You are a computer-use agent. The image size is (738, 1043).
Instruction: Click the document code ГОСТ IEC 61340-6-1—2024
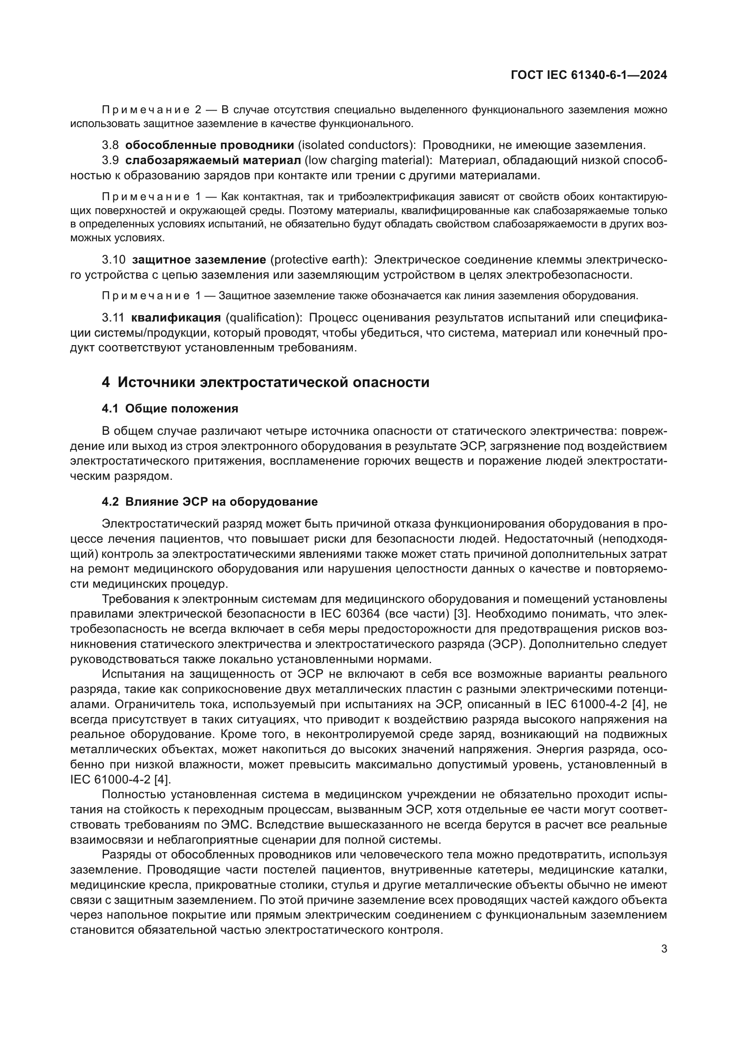(589, 75)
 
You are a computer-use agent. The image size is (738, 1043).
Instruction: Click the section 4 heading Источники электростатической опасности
(265, 382)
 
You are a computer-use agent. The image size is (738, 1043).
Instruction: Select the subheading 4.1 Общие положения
(170, 408)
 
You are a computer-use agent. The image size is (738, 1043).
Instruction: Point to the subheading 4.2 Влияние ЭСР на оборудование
(210, 502)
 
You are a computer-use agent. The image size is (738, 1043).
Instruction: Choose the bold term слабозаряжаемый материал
(213, 161)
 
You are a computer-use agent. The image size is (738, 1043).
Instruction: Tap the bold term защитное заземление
(199, 260)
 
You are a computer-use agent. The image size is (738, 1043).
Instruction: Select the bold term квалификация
(176, 317)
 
